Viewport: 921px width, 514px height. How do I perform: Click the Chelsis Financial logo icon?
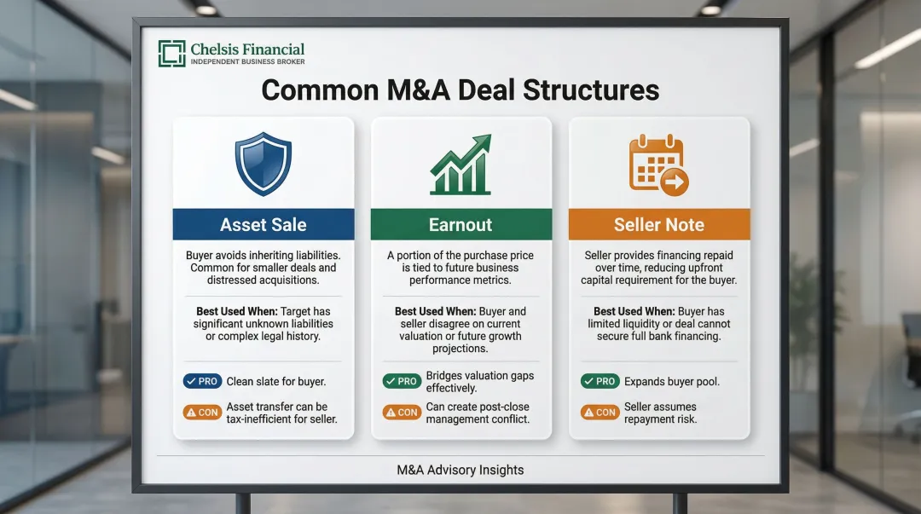pyautogui.click(x=171, y=54)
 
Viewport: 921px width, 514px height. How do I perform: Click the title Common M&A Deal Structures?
pyautogui.click(x=460, y=90)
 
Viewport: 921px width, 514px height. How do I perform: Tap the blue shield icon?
pyautogui.click(x=263, y=164)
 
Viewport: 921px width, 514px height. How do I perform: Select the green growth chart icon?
pyautogui.click(x=460, y=164)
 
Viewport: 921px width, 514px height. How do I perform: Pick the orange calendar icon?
pyautogui.click(x=658, y=164)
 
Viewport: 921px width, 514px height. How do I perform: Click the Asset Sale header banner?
pyautogui.click(x=263, y=225)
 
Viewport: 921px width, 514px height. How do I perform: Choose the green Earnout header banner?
pyautogui.click(x=460, y=225)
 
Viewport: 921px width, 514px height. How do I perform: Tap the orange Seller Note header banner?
pyautogui.click(x=658, y=225)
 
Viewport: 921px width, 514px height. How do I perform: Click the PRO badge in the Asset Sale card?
pyautogui.click(x=201, y=382)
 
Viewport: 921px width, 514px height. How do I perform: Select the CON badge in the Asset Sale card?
pyautogui.click(x=201, y=413)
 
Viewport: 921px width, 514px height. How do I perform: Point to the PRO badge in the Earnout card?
pyautogui.click(x=401, y=382)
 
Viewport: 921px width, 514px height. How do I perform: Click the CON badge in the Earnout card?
pyautogui.click(x=401, y=413)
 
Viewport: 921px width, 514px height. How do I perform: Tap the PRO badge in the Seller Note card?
pyautogui.click(x=600, y=382)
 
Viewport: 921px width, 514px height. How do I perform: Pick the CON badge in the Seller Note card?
pyautogui.click(x=600, y=413)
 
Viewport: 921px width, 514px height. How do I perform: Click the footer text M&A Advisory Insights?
pyautogui.click(x=460, y=470)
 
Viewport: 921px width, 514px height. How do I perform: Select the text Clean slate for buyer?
pyautogui.click(x=275, y=382)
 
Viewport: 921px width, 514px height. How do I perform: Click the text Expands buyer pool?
pyautogui.click(x=671, y=382)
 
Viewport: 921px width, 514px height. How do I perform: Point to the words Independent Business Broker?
pyautogui.click(x=247, y=62)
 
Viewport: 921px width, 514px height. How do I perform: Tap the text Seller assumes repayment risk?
pyautogui.click(x=660, y=413)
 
